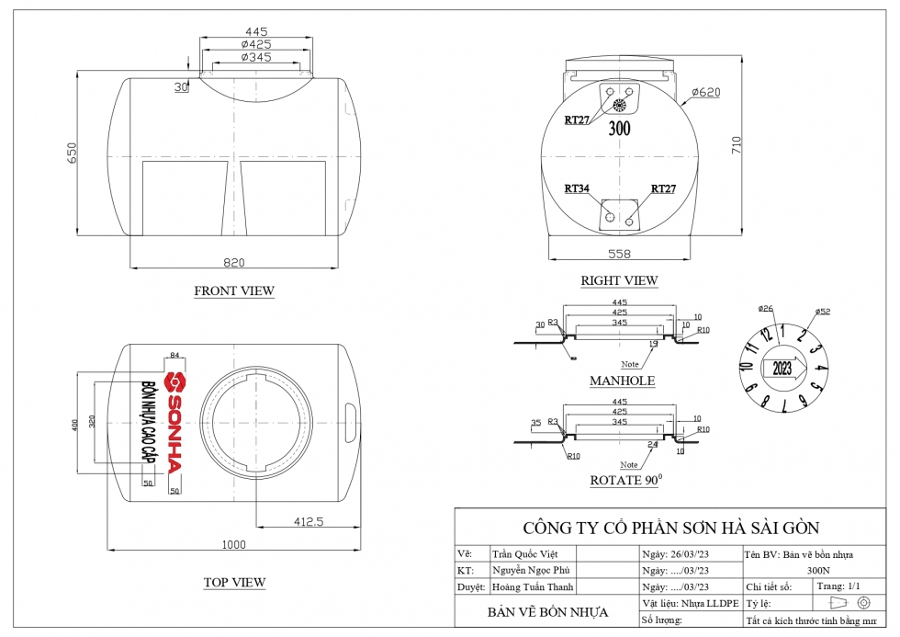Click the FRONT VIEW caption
pyautogui.click(x=234, y=291)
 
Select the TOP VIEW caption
pyautogui.click(x=234, y=582)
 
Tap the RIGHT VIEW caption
pyautogui.click(x=620, y=280)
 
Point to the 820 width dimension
pyautogui.click(x=234, y=263)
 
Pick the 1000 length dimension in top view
pyautogui.click(x=234, y=544)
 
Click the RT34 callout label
pyautogui.click(x=577, y=188)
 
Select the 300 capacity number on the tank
pyautogui.click(x=620, y=129)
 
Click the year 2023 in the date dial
pyautogui.click(x=782, y=370)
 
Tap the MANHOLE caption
pyautogui.click(x=622, y=381)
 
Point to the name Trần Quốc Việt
pyautogui.click(x=525, y=554)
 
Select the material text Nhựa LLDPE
pyautogui.click(x=704, y=603)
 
